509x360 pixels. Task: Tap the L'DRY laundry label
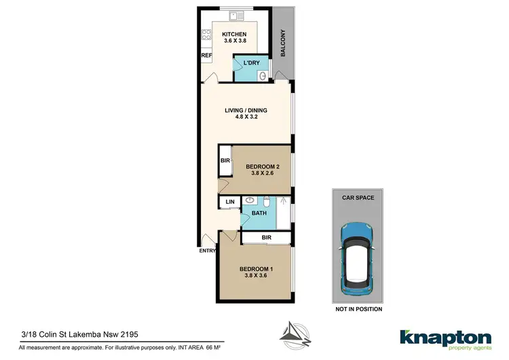coord(251,63)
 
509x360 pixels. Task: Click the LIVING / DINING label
coord(246,110)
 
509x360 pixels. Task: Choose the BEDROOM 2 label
coord(263,166)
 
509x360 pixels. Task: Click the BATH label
coord(259,213)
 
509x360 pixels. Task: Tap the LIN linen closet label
coord(229,202)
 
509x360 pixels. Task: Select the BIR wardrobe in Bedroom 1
coord(266,238)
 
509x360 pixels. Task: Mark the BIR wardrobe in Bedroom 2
coord(225,162)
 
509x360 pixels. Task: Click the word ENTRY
coord(207,251)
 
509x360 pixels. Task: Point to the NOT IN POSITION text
coord(359,309)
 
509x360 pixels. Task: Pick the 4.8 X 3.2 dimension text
coord(246,117)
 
